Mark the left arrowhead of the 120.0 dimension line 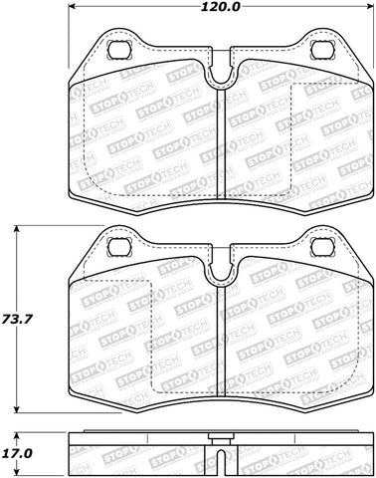[74, 14]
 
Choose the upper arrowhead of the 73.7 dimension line [20, 228]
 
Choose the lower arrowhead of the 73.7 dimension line [20, 412]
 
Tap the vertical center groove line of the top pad [218, 139]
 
